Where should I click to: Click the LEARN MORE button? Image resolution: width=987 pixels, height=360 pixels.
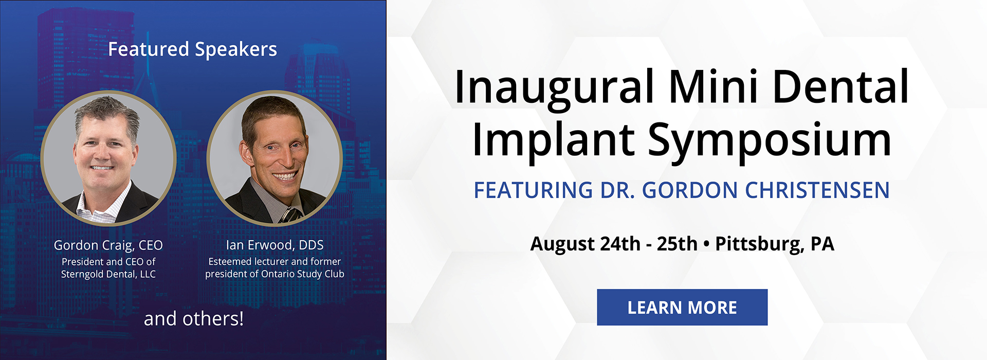[682, 307]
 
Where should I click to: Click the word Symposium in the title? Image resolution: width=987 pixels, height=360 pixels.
[769, 140]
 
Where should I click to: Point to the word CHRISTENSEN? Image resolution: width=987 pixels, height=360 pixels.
[817, 190]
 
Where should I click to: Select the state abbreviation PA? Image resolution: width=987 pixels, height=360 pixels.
[822, 244]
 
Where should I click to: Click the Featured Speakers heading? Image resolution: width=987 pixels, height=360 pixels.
[192, 49]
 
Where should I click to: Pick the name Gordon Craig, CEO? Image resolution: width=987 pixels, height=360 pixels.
[108, 245]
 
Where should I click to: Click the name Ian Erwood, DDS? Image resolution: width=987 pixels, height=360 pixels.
[275, 245]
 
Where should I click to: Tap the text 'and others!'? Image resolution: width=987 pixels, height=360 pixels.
[193, 319]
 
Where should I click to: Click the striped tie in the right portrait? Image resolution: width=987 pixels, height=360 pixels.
[290, 214]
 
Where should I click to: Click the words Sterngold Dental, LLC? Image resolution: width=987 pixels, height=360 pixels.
[108, 274]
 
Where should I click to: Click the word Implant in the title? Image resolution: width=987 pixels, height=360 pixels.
[553, 140]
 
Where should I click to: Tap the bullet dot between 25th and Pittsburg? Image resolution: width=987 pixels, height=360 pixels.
[706, 244]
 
